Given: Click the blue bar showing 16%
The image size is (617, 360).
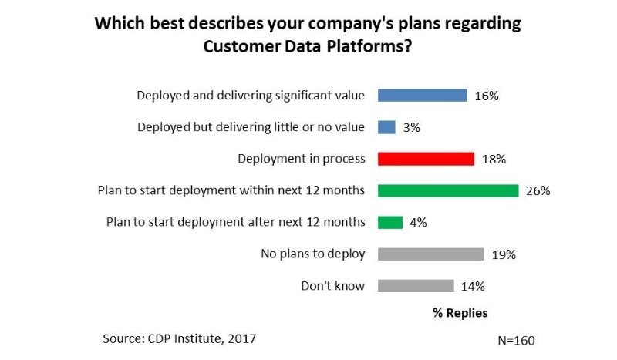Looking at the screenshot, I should pyautogui.click(x=422, y=96).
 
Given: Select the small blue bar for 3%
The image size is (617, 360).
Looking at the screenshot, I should pyautogui.click(x=386, y=127).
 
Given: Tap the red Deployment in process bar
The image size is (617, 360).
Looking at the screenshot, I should pyautogui.click(x=426, y=159).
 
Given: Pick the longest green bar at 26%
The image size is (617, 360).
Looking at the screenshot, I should pyautogui.click(x=447, y=190).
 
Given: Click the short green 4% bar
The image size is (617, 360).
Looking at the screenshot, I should pyautogui.click(x=390, y=222).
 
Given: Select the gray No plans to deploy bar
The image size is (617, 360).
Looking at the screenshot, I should pyautogui.click(x=430, y=254).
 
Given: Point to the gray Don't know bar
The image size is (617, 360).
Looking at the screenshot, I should pyautogui.click(x=416, y=285).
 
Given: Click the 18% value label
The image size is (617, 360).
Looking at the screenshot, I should pyautogui.click(x=493, y=159).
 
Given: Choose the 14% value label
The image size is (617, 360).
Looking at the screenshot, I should pyautogui.click(x=472, y=286).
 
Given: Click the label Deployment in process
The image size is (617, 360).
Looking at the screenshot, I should pyautogui.click(x=301, y=159).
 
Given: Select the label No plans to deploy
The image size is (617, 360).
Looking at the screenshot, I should pyautogui.click(x=312, y=254).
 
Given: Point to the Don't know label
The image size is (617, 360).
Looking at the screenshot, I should pyautogui.click(x=333, y=285).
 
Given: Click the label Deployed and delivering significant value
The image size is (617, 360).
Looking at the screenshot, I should pyautogui.click(x=251, y=96).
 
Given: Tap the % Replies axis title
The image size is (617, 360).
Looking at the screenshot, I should pyautogui.click(x=459, y=313).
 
